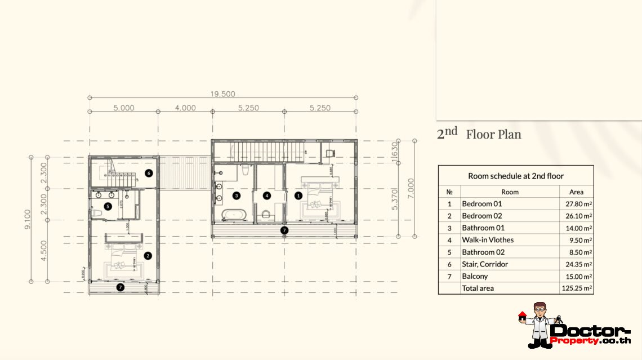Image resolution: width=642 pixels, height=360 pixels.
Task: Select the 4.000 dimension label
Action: [x=185, y=108]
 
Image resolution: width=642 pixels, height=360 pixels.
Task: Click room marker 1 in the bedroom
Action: [x=298, y=196]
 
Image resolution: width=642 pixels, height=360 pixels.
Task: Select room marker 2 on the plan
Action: [x=148, y=255]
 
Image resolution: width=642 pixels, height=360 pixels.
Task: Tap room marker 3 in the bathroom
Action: [x=237, y=196]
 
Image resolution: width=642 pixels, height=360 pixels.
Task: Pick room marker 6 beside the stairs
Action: [x=148, y=173]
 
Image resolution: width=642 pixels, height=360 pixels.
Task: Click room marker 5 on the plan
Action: [x=108, y=207]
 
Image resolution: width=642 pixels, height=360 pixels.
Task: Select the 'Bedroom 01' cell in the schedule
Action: [x=481, y=204]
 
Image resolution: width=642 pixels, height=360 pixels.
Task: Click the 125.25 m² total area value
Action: [x=576, y=288]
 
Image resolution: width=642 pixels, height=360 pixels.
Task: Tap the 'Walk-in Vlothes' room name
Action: [x=488, y=240]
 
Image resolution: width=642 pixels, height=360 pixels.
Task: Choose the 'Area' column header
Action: [x=576, y=192]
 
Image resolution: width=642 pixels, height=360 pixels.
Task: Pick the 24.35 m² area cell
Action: [x=576, y=264]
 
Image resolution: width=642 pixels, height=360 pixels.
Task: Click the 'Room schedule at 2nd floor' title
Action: [x=515, y=176]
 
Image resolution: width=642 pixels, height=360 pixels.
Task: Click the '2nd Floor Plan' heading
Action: [x=479, y=134]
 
